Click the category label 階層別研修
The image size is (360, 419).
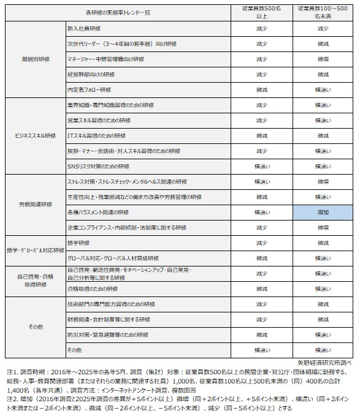tap(35, 59)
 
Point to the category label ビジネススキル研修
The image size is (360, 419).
tap(35, 135)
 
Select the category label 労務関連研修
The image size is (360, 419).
tap(35, 204)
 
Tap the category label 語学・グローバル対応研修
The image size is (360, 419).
tap(35, 250)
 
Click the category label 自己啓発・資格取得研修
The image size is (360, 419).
tap(35, 281)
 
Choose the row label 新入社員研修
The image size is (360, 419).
tap(83, 29)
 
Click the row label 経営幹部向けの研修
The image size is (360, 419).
tap(91, 75)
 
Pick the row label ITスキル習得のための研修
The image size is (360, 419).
tap(96, 135)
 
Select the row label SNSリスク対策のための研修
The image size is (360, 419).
tap(101, 166)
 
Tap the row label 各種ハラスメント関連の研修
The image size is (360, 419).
tap(98, 212)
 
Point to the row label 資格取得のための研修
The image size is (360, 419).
tap(92, 289)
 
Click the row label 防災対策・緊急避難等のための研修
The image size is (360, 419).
tap(108, 334)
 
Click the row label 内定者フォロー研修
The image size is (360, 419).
tap(89, 90)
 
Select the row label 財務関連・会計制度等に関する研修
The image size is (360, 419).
tap(108, 319)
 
